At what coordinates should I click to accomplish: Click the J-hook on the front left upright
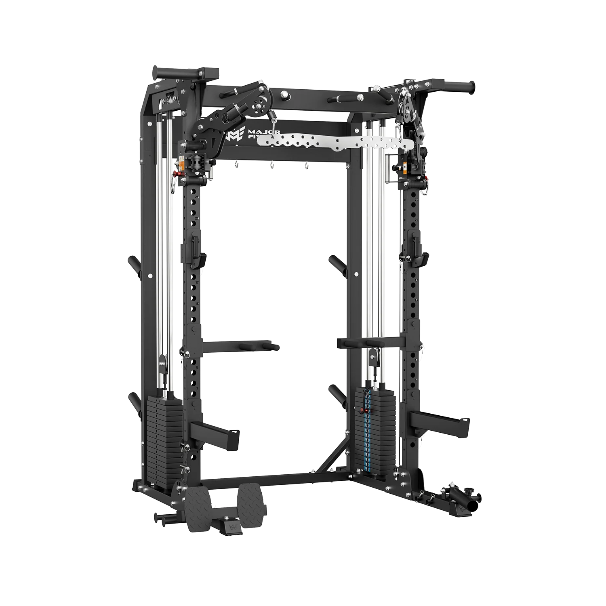point(198,258)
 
